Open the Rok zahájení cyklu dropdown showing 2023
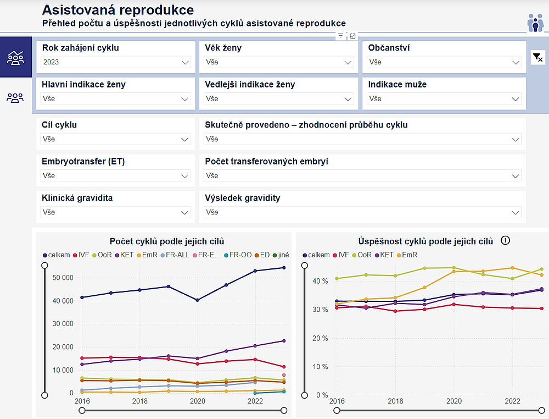click(115, 63)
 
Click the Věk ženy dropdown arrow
click(348, 63)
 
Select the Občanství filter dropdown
click(444, 63)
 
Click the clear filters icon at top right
click(537, 57)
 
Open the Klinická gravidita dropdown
click(115, 212)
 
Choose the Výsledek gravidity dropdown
click(362, 212)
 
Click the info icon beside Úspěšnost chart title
click(506, 240)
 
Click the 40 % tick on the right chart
click(320, 281)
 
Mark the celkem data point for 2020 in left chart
click(198, 300)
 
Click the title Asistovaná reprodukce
click(117, 10)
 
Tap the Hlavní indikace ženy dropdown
click(115, 99)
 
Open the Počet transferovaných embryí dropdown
click(362, 176)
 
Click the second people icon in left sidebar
click(15, 98)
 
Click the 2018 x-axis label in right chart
click(395, 401)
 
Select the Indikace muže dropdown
click(444, 99)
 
